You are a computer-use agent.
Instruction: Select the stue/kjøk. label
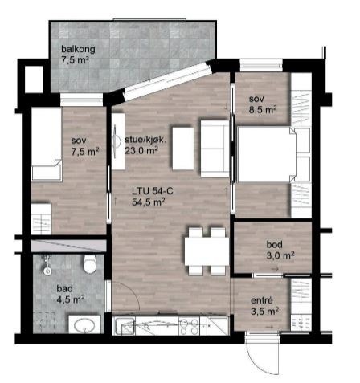(x=145, y=139)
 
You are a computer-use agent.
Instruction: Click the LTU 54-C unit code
(x=151, y=191)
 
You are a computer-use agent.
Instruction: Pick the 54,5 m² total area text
(x=149, y=202)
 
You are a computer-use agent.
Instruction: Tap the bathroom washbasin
(x=82, y=325)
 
